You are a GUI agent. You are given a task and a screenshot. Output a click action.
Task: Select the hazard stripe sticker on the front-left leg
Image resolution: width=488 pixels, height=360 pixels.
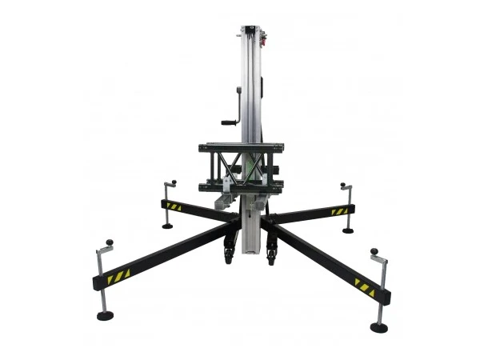[119, 276]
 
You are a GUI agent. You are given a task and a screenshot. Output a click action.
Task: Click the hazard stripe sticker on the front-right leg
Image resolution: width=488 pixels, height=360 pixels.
[365, 286]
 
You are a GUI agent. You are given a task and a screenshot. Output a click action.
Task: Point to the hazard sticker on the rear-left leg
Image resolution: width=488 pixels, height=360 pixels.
[174, 206]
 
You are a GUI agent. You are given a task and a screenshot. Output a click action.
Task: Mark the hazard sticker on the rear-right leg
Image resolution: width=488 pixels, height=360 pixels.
[339, 212]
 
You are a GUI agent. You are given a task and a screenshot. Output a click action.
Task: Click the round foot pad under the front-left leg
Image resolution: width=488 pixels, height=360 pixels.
[106, 315]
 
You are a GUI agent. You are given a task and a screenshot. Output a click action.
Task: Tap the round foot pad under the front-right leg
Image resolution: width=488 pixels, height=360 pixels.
[379, 327]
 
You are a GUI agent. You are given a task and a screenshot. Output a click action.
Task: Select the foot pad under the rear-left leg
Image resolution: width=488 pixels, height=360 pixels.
[167, 226]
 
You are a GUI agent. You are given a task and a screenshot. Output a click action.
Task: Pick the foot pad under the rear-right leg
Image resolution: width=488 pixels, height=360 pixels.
[348, 230]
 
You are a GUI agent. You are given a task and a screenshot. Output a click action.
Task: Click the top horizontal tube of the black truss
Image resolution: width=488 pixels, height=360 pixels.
[238, 147]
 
